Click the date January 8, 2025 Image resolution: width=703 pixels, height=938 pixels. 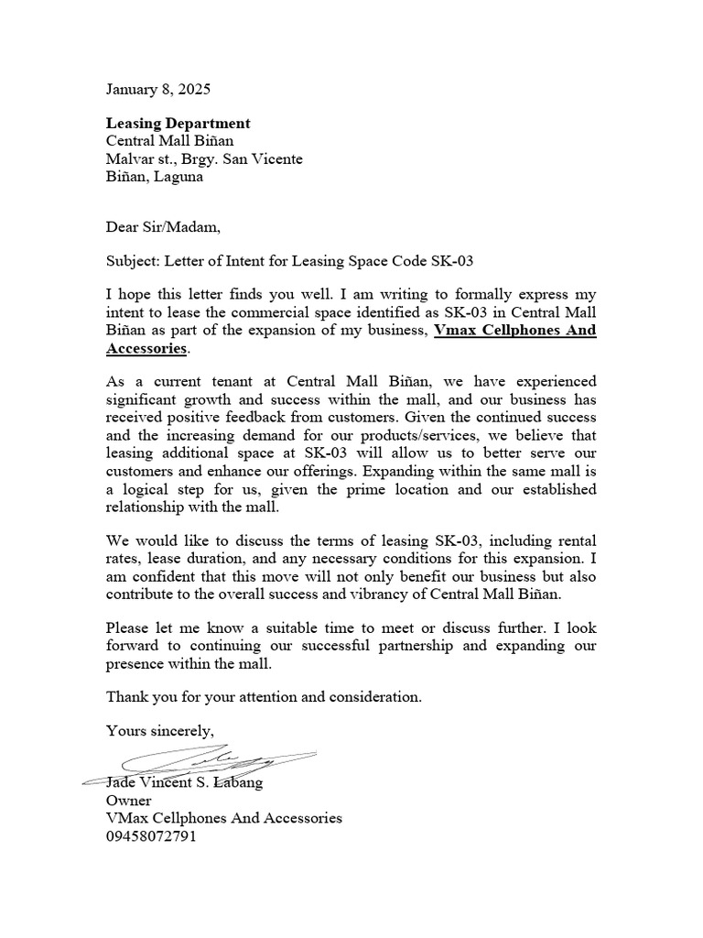(x=157, y=90)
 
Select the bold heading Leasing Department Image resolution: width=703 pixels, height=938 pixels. (x=178, y=123)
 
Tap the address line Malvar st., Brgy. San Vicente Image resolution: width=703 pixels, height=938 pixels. (x=204, y=159)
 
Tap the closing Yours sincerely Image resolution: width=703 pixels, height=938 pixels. (x=159, y=730)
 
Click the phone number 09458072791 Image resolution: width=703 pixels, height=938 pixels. (x=151, y=836)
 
